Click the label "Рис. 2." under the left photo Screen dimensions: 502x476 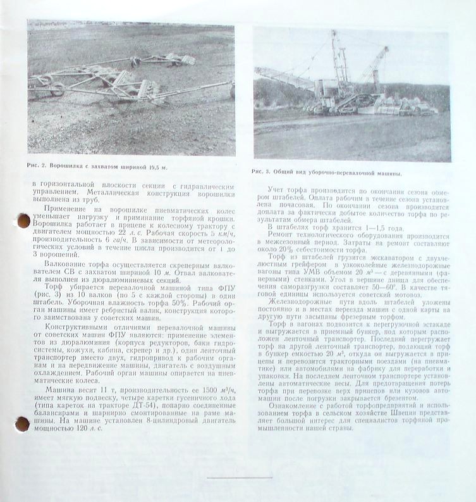[37, 166]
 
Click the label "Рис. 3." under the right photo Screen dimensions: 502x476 [260, 172]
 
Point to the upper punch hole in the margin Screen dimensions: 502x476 [23, 220]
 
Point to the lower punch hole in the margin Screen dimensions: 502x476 [22, 424]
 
